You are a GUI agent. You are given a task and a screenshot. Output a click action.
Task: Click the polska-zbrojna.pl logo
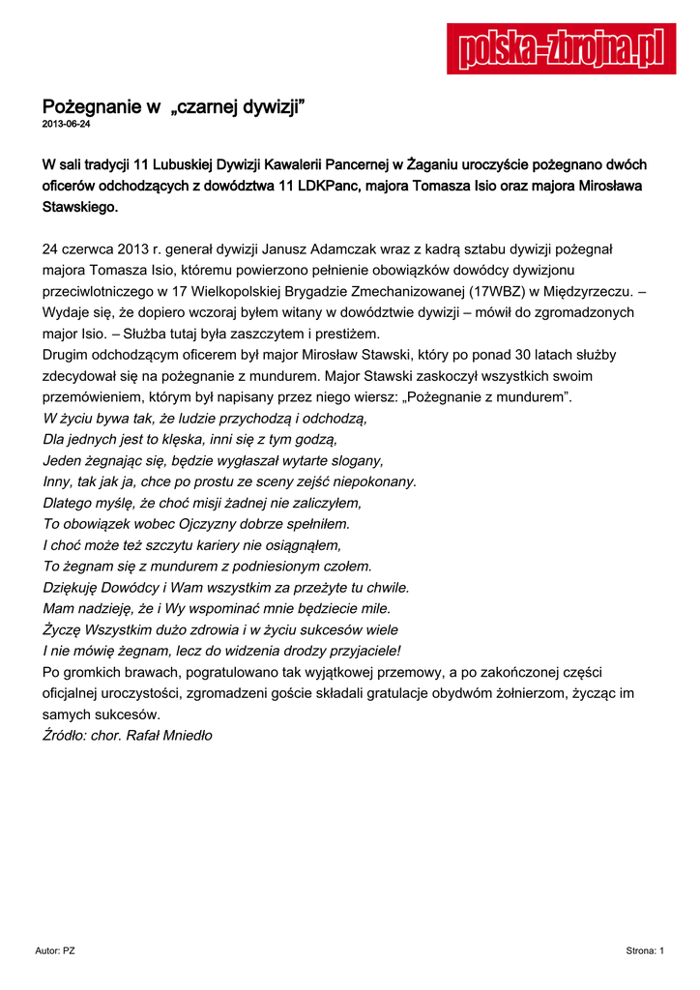(x=561, y=47)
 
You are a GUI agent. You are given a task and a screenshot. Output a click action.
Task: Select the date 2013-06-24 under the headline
(x=66, y=126)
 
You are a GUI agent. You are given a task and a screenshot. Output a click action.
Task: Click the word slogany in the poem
(x=348, y=460)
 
